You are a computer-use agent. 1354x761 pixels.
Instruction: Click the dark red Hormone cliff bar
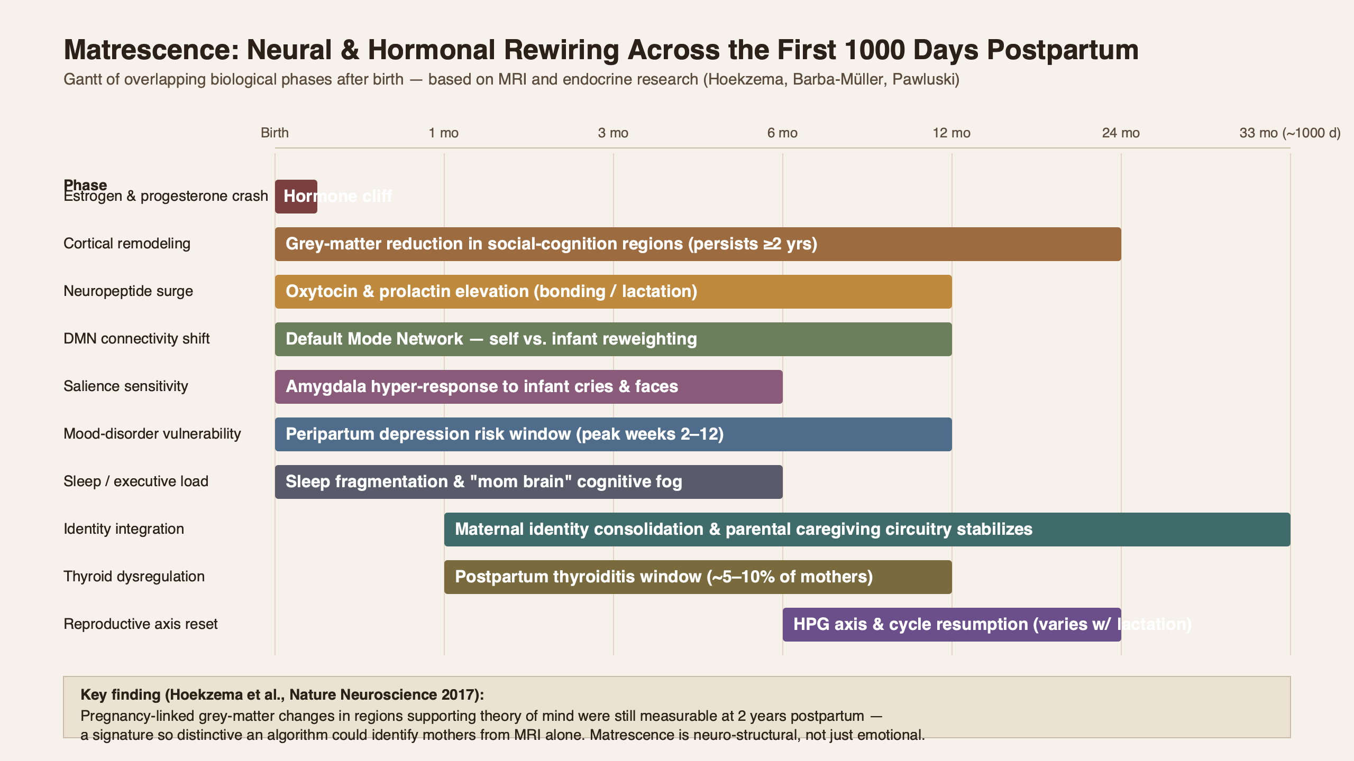296,197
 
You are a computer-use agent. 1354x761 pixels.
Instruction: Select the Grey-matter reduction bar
698,244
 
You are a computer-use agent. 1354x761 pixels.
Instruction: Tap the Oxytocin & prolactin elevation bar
613,292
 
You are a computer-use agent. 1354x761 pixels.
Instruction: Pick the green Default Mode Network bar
613,339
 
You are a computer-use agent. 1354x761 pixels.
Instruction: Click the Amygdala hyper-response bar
528,387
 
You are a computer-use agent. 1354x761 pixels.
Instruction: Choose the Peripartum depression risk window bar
613,434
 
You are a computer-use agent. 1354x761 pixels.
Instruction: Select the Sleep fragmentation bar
528,482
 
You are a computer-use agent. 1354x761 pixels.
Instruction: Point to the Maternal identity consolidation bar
867,530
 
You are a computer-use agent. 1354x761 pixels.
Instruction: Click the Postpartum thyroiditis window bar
698,577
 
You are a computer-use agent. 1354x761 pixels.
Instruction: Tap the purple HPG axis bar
952,625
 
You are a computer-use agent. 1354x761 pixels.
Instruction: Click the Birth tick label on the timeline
275,133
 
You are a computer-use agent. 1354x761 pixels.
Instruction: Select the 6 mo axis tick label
782,133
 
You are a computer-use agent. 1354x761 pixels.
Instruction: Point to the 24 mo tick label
1121,133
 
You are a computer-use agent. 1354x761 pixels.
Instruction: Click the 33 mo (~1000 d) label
1289,133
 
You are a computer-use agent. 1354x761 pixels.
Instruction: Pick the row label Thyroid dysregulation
134,577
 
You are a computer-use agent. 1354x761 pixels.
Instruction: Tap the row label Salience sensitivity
125,386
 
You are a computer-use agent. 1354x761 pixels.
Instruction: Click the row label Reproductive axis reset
140,624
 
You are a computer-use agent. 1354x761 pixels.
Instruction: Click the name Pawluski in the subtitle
925,79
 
